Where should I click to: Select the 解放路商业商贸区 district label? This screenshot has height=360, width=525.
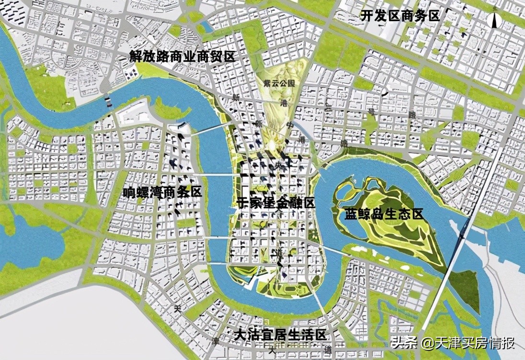(x=183, y=56)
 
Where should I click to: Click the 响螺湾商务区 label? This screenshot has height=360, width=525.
(x=162, y=192)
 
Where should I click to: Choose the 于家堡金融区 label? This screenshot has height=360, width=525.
(x=276, y=203)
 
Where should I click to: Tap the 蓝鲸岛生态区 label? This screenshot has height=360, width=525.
(x=384, y=214)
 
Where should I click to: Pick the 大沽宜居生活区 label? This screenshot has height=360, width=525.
(x=280, y=335)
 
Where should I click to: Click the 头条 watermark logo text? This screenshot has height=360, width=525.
(x=403, y=343)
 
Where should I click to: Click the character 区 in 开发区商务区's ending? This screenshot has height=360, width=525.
(x=434, y=16)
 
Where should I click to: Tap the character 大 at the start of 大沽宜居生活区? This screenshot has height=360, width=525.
(x=240, y=335)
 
